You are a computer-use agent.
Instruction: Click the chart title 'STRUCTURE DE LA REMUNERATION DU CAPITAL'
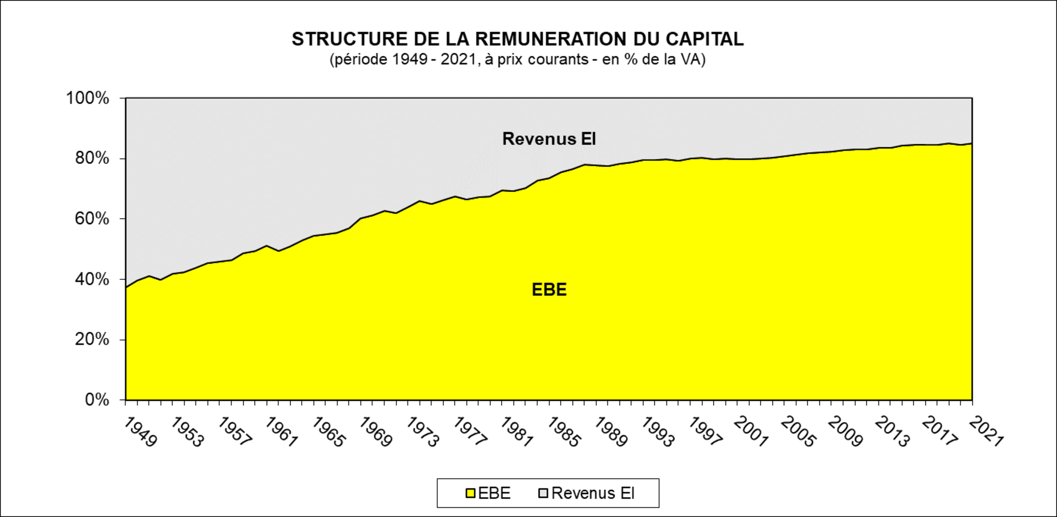pyautogui.click(x=517, y=39)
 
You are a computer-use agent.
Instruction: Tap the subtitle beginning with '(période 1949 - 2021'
pyautogui.click(x=517, y=60)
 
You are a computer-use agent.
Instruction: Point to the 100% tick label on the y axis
pyautogui.click(x=87, y=98)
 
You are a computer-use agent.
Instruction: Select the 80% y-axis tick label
pyautogui.click(x=92, y=158)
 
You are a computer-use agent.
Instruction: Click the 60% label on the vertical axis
pyautogui.click(x=92, y=219)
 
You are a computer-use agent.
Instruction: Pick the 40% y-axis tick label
pyautogui.click(x=92, y=279)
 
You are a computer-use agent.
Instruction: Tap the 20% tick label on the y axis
pyautogui.click(x=92, y=340)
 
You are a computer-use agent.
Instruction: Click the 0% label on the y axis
pyautogui.click(x=97, y=400)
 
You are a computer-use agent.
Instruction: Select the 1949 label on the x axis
pyautogui.click(x=140, y=432)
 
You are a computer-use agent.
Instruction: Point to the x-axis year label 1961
pyautogui.click(x=281, y=432)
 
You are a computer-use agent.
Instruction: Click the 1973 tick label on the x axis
pyautogui.click(x=422, y=432)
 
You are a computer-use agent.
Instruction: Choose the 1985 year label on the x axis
pyautogui.click(x=564, y=432)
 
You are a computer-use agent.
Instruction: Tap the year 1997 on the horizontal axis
pyautogui.click(x=705, y=432)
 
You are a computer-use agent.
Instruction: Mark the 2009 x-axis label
pyautogui.click(x=846, y=432)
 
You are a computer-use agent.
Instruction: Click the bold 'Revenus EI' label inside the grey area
pyautogui.click(x=549, y=139)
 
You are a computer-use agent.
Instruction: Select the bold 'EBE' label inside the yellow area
pyautogui.click(x=549, y=290)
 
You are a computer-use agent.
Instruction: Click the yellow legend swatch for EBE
pyautogui.click(x=470, y=493)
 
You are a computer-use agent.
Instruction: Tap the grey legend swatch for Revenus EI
pyautogui.click(x=543, y=493)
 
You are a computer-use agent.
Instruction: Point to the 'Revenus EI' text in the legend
pyautogui.click(x=593, y=493)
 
